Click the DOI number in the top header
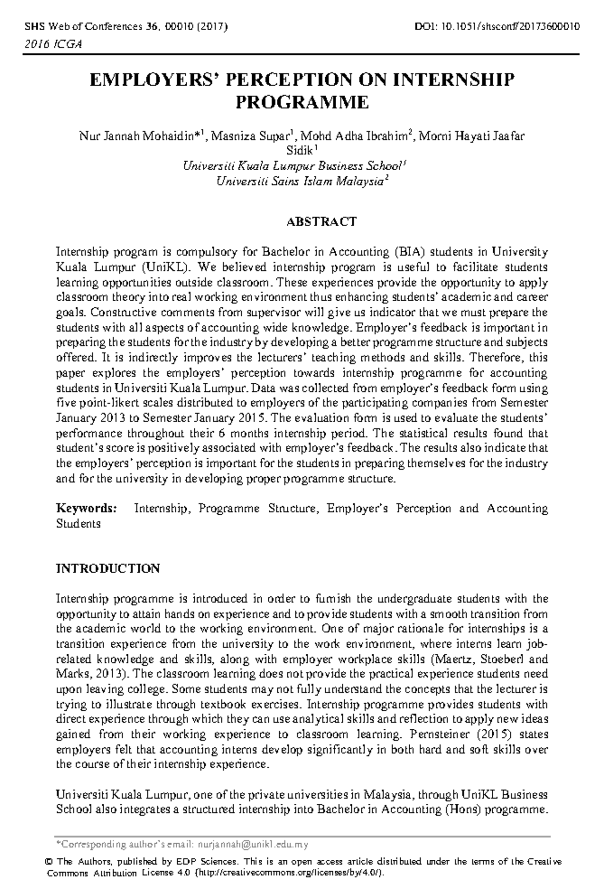pos(509,27)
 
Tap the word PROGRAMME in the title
pos(302,102)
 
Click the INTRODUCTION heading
pos(107,569)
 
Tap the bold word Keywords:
pos(87,508)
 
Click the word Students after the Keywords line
pos(78,523)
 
